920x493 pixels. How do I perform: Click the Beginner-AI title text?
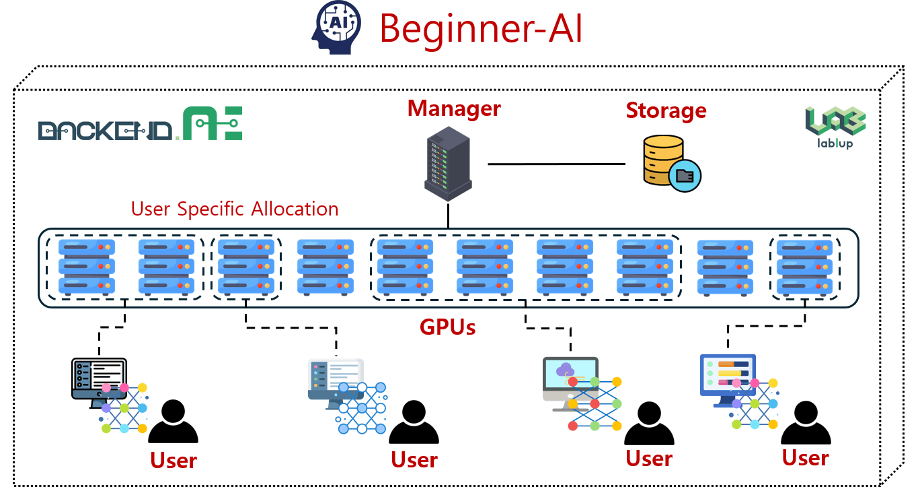tap(481, 28)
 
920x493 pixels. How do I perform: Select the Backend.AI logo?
tap(140, 124)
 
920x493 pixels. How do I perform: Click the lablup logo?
tap(835, 127)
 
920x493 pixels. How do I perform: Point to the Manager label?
tap(454, 108)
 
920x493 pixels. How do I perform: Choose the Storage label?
tap(666, 110)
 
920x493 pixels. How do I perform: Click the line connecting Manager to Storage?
tap(556, 164)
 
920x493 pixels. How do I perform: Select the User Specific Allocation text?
tap(235, 209)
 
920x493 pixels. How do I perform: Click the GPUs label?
tap(447, 327)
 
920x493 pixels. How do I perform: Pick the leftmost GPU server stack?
tap(87, 267)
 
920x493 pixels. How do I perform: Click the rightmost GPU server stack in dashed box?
tap(805, 267)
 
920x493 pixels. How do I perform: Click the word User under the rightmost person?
tap(805, 458)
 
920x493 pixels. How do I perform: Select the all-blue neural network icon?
tap(362, 407)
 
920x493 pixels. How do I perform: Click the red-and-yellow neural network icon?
tap(595, 404)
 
